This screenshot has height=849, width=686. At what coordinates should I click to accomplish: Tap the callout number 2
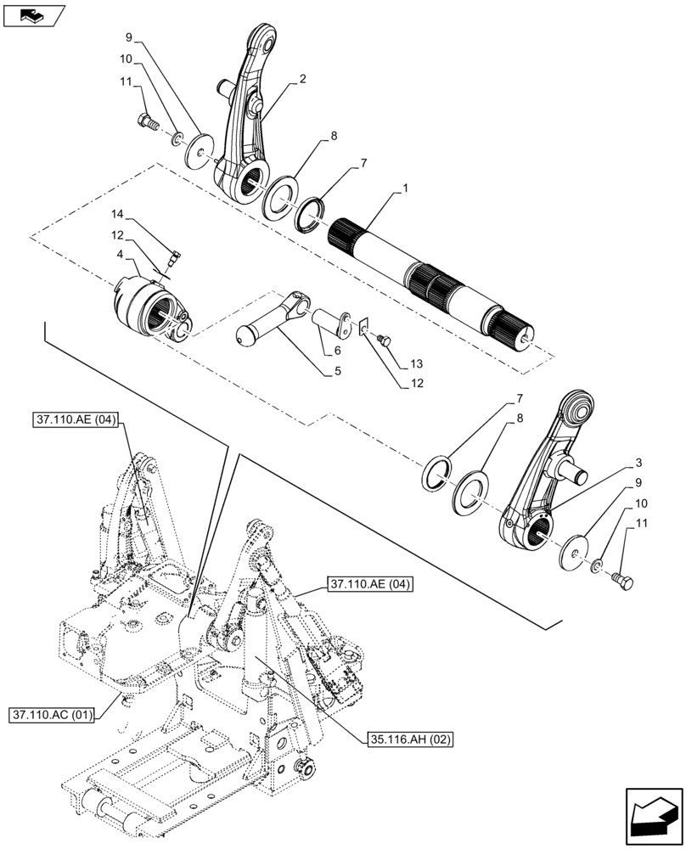[x=302, y=79]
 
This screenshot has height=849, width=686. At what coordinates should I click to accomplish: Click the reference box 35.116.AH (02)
[x=411, y=739]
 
